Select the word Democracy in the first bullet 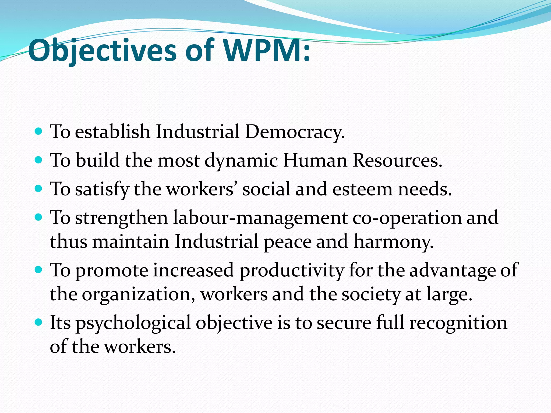coord(295,132)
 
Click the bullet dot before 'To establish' coord(39,131)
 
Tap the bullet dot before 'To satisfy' coord(39,189)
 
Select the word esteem coord(362,189)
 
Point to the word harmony coord(393,241)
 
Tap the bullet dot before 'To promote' coord(39,270)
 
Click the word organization coord(139,294)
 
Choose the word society coord(371,294)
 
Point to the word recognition coord(458,323)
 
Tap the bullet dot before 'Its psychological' coord(39,322)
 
